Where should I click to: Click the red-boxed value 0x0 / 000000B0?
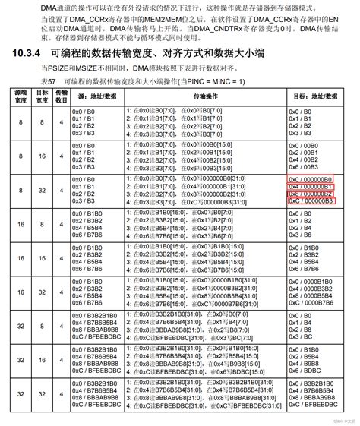point(311,178)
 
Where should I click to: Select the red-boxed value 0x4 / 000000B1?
point(311,186)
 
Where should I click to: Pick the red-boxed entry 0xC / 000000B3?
point(311,201)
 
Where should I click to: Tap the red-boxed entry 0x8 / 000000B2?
point(311,194)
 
